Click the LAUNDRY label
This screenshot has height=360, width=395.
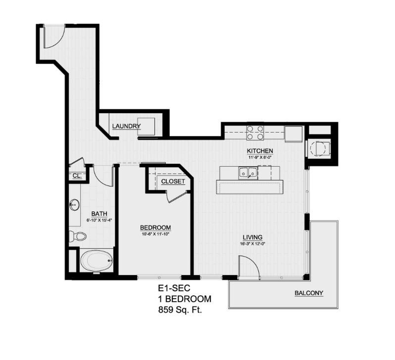pos(126,127)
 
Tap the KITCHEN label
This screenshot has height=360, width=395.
pos(260,151)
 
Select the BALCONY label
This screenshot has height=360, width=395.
pos(308,293)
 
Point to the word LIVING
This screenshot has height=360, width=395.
pos(252,237)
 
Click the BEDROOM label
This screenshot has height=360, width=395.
pos(155,227)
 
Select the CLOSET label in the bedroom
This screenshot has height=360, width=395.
pos(173,181)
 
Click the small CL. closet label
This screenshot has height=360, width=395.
pos(77,176)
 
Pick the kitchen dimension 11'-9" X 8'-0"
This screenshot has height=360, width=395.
pos(260,157)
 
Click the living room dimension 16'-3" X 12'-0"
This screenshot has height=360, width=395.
pos(252,243)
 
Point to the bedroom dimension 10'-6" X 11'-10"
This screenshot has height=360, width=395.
pos(155,234)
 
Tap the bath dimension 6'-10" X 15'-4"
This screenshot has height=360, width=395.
pos(98,220)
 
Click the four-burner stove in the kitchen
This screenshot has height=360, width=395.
pos(255,133)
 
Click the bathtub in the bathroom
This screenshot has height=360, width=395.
pos(97,261)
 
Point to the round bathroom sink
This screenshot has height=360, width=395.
pos(75,204)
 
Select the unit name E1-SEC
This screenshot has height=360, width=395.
pos(171,288)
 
